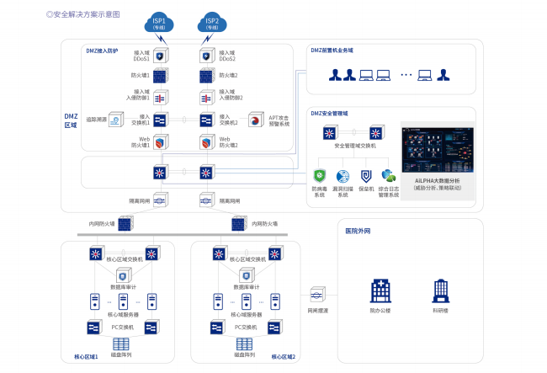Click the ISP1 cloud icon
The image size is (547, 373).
[159, 22]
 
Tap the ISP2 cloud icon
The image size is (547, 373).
[212, 22]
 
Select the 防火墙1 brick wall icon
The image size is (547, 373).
[159, 77]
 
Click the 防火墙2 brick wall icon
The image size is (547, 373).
[206, 77]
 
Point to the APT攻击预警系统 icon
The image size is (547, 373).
[253, 120]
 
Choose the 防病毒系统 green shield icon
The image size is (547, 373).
[320, 176]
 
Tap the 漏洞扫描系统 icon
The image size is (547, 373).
[343, 176]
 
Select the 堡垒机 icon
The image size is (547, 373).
[366, 176]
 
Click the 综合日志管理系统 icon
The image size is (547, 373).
[389, 176]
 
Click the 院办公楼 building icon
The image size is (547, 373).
[380, 292]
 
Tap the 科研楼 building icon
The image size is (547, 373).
[440, 292]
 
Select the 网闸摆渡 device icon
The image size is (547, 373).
[316, 295]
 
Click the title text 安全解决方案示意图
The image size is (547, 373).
[85, 14]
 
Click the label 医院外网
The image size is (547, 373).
[359, 230]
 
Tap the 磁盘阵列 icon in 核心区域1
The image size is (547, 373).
[120, 344]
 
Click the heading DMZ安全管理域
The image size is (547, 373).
[330, 113]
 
